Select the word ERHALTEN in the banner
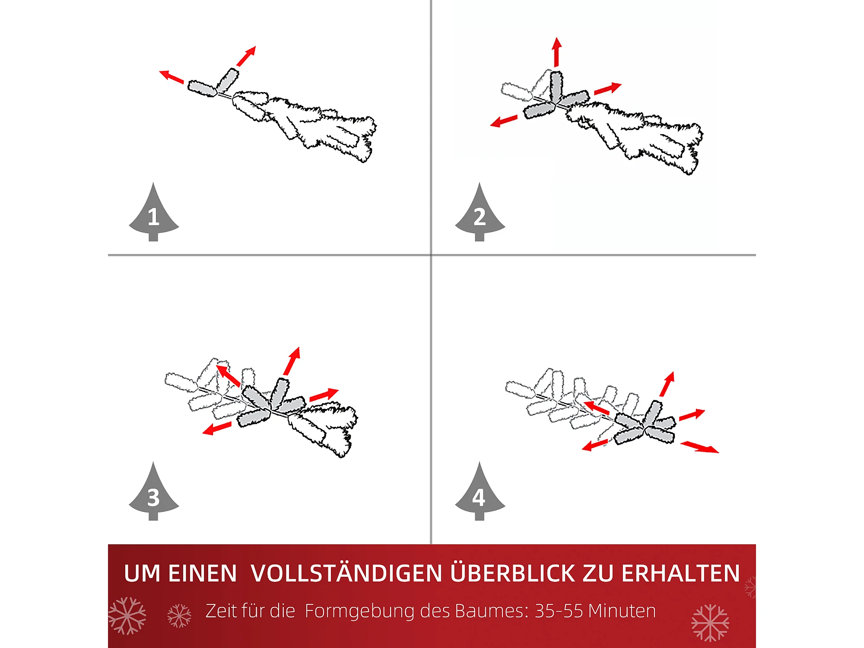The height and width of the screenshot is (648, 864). click(x=680, y=573)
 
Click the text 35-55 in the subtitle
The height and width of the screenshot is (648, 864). click(x=559, y=611)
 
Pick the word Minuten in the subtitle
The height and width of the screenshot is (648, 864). click(x=622, y=611)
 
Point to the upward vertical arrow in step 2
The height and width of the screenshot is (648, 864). click(x=557, y=52)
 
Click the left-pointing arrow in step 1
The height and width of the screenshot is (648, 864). click(x=172, y=76)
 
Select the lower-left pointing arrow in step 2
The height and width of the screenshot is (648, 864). click(x=504, y=121)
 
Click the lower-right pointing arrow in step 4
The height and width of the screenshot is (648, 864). click(x=700, y=447)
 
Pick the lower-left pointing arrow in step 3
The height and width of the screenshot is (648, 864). click(x=217, y=429)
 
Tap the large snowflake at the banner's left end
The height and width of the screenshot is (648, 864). click(x=127, y=616)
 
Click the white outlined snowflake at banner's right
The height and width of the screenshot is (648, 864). click(x=710, y=623)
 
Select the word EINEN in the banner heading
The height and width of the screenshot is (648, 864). click(x=203, y=573)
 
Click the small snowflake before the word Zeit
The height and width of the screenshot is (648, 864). click(x=179, y=616)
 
